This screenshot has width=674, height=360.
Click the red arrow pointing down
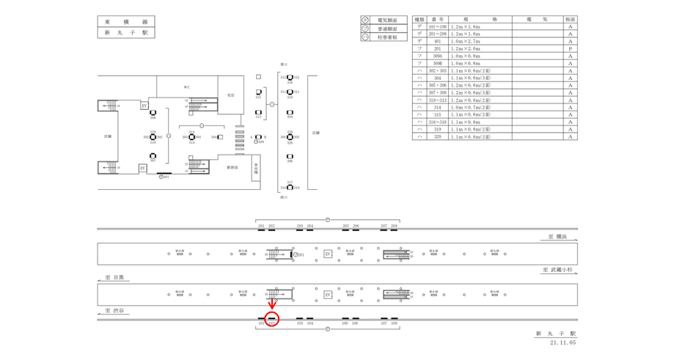click(x=271, y=304)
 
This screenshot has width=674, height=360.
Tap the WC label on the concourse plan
click(x=187, y=87)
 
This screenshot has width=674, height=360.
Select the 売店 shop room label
click(x=230, y=95)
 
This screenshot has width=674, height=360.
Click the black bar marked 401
click(x=164, y=173)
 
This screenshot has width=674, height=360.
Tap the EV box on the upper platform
click(x=328, y=254)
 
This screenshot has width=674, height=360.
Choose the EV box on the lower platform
click(x=328, y=295)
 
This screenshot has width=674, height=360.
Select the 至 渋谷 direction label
click(x=114, y=311)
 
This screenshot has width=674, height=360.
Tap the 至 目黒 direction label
click(x=114, y=278)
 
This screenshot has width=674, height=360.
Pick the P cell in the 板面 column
click(x=570, y=48)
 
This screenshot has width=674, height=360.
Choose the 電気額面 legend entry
click(x=387, y=20)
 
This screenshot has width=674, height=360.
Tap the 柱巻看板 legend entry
click(x=387, y=37)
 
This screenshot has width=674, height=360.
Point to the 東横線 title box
click(x=126, y=21)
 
